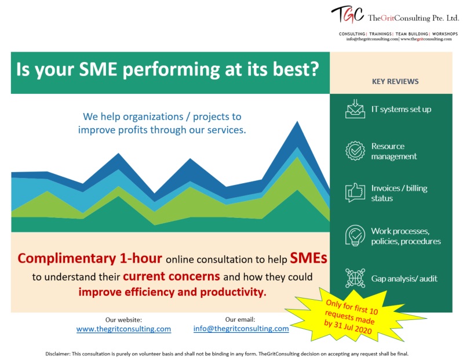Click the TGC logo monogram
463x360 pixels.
347,14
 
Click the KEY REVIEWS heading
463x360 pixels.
395,82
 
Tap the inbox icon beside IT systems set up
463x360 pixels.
355,109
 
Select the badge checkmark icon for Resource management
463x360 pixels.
355,151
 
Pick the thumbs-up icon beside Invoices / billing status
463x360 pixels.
355,192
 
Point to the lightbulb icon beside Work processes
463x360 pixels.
355,235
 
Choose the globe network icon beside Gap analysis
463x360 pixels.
355,278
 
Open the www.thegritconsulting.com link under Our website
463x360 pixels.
123,329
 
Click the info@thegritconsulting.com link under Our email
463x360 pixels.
241,328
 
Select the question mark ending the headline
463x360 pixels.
314,69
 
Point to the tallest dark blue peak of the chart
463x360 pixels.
297,122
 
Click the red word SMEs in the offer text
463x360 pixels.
308,258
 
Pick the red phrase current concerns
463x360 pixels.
172,277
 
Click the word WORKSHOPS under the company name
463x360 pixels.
444,34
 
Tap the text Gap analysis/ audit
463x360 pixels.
404,278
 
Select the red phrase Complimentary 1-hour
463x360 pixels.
90,259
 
